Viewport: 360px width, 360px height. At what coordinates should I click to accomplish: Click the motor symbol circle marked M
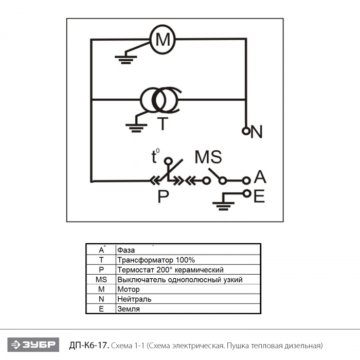pyautogui.click(x=162, y=39)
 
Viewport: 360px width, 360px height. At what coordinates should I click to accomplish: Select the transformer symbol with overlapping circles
pyautogui.click(x=160, y=100)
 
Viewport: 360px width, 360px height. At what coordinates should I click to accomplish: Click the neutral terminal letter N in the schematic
pyautogui.click(x=257, y=132)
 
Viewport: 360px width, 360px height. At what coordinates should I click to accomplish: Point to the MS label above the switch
pyautogui.click(x=208, y=157)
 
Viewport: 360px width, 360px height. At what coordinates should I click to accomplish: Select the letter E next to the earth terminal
pyautogui.click(x=259, y=196)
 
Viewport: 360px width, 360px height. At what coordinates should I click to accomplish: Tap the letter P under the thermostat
pyautogui.click(x=164, y=196)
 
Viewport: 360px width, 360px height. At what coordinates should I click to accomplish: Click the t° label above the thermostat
pyautogui.click(x=155, y=156)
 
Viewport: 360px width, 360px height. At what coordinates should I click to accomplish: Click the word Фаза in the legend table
pyautogui.click(x=126, y=250)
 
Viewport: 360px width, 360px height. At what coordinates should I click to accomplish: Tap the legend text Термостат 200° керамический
pyautogui.click(x=170, y=270)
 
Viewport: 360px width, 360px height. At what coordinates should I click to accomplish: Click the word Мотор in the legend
pyautogui.click(x=128, y=290)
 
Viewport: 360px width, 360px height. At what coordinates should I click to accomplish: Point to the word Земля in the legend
pyautogui.click(x=128, y=309)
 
